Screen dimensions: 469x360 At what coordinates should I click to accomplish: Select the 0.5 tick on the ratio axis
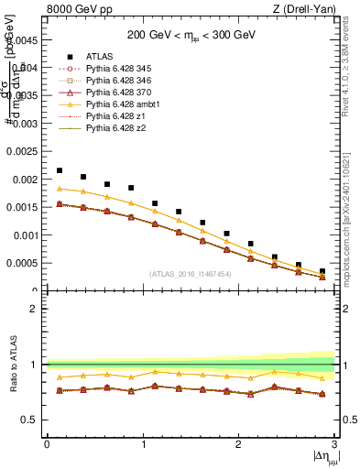click(x=31, y=420)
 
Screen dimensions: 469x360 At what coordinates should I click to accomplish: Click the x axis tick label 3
click(x=335, y=443)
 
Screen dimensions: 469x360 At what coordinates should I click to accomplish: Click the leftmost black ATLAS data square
click(x=60, y=170)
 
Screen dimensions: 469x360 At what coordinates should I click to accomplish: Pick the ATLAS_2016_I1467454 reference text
click(x=191, y=273)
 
